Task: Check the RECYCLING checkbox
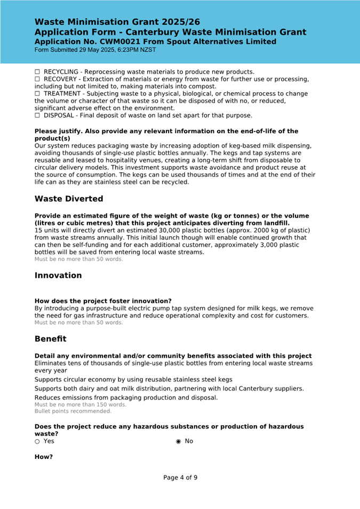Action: pos(38,72)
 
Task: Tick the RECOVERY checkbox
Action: pos(38,79)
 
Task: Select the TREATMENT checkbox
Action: pos(38,94)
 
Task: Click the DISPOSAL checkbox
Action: pos(38,115)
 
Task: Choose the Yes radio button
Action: pos(37,441)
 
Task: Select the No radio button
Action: pos(179,441)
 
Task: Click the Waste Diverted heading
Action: pos(69,199)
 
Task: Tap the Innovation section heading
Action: pos(58,276)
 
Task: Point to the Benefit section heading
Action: pos(51,339)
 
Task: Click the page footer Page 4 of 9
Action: pos(180,478)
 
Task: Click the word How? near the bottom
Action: pos(44,457)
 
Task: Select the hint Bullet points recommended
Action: pos(73,411)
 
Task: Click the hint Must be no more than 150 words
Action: pos(81,405)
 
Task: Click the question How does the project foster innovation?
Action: pos(103,301)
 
